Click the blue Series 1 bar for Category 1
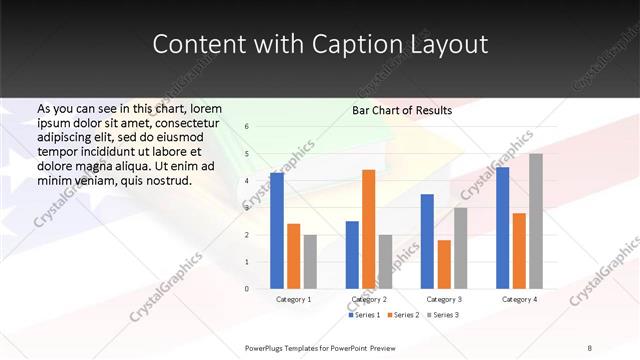point(277,231)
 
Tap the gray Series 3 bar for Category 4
point(536,221)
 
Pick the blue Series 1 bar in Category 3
point(427,241)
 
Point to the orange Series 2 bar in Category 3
point(444,264)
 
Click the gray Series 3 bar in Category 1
point(310,261)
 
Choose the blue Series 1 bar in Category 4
point(502,228)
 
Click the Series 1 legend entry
point(365,315)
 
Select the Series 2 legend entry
point(403,315)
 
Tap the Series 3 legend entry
point(442,315)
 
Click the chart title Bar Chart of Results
point(402,110)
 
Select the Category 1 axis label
point(293,299)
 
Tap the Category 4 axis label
point(519,299)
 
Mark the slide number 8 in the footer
point(590,348)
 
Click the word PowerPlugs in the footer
point(266,348)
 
